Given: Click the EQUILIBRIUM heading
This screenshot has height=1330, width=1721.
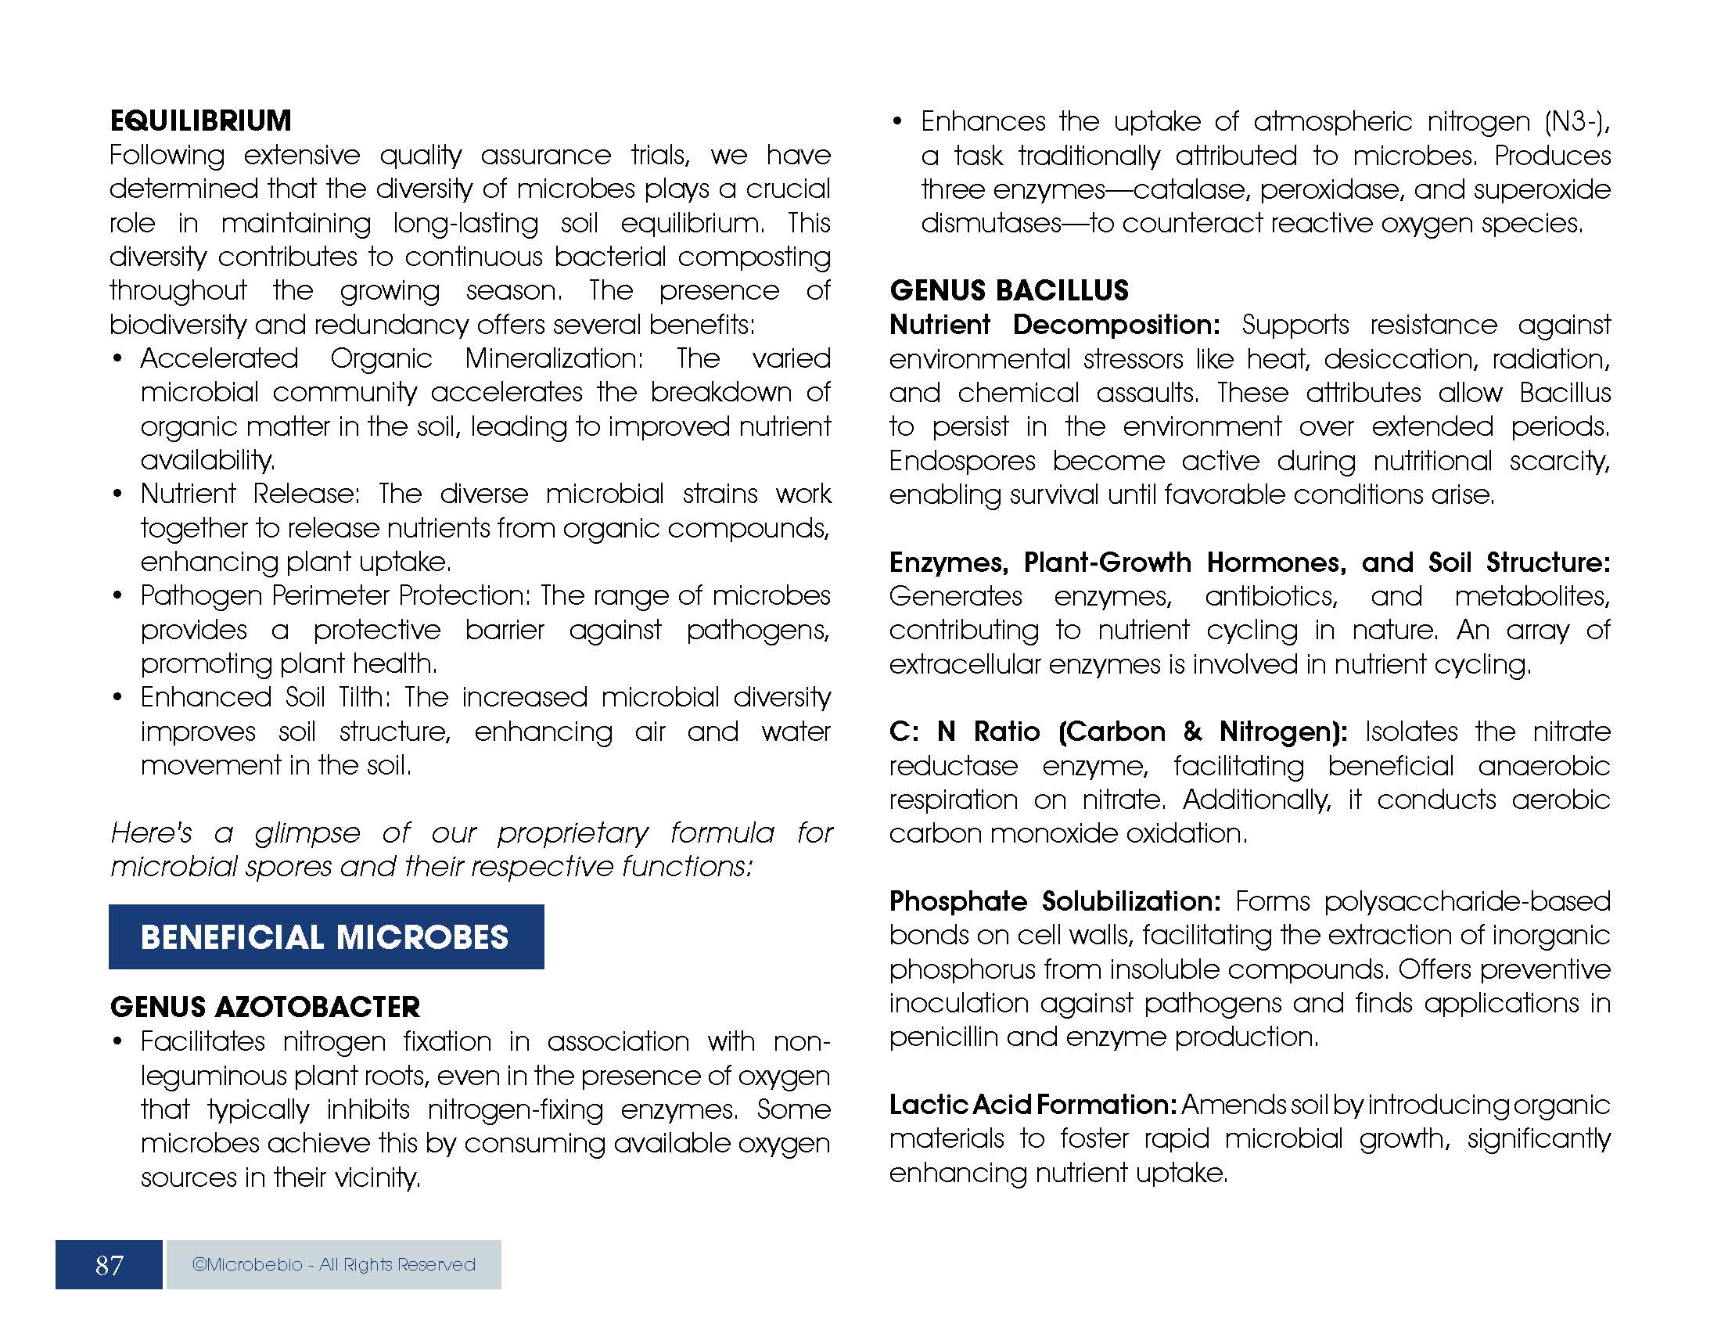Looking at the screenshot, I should tap(200, 120).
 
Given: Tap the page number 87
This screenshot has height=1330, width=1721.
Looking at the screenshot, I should tap(109, 1264).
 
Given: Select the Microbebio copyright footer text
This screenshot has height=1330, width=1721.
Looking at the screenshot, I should tap(333, 1264).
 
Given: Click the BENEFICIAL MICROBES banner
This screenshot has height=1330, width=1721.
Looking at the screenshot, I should tap(325, 936).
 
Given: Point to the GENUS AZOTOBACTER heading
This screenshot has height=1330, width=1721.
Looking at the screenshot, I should tap(264, 1007).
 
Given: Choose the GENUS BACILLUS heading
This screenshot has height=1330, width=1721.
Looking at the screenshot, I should tap(1008, 291).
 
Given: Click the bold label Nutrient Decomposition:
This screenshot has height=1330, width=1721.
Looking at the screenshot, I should tap(1055, 325).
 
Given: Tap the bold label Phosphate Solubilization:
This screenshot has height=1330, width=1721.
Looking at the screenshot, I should tap(1055, 900).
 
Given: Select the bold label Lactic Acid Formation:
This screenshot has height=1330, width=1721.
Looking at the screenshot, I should tap(1033, 1105).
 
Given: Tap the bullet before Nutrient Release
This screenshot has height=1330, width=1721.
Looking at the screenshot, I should tap(117, 494).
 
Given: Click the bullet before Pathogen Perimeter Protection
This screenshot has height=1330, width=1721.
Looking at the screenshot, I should tap(117, 596).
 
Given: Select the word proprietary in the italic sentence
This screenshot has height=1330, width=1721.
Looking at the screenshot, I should tap(572, 833).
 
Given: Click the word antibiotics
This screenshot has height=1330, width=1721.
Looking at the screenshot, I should tap(1270, 596).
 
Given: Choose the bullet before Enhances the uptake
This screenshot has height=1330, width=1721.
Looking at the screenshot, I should tap(897, 123).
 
